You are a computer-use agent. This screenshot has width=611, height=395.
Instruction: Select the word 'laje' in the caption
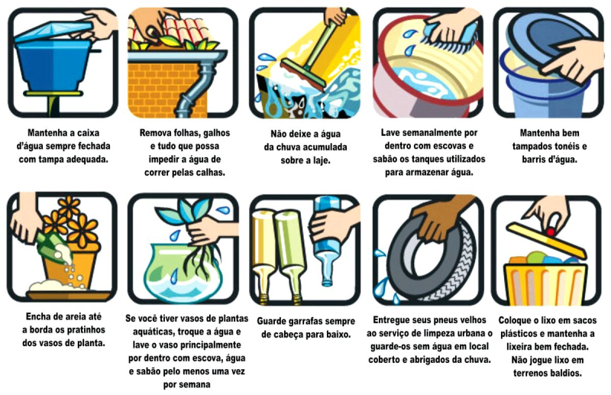click(319, 160)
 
